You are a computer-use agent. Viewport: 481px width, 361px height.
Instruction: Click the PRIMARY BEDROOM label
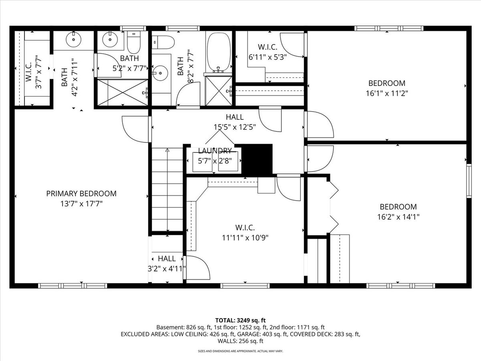click(81, 194)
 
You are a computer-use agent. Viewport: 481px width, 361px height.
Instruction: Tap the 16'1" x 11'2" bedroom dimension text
click(387, 93)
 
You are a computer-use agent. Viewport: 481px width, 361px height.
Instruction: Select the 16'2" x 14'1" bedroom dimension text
click(398, 217)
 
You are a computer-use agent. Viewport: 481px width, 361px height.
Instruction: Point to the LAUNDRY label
click(215, 151)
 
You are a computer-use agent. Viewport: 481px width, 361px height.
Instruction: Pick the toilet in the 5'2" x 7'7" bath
click(133, 43)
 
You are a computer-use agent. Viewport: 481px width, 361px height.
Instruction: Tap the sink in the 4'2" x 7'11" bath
click(74, 39)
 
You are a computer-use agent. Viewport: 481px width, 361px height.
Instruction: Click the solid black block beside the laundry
click(257, 159)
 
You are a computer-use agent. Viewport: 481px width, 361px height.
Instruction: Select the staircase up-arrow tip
click(168, 149)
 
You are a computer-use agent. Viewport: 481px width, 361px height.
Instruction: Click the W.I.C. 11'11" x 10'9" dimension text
click(245, 238)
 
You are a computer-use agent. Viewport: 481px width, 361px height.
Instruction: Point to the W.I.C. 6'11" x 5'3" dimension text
click(268, 57)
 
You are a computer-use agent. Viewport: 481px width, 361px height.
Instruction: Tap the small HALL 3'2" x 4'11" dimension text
click(167, 269)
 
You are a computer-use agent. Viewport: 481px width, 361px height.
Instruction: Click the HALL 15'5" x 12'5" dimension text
click(235, 127)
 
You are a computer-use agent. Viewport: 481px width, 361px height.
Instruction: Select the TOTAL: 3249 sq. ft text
click(240, 320)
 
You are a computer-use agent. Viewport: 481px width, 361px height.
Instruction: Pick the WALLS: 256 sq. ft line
click(240, 341)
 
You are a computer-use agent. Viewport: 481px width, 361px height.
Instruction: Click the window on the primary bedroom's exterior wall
click(73, 286)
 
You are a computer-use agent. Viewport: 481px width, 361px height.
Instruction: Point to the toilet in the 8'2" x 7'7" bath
click(164, 42)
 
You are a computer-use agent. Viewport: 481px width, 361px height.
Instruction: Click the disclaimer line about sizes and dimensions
click(240, 351)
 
